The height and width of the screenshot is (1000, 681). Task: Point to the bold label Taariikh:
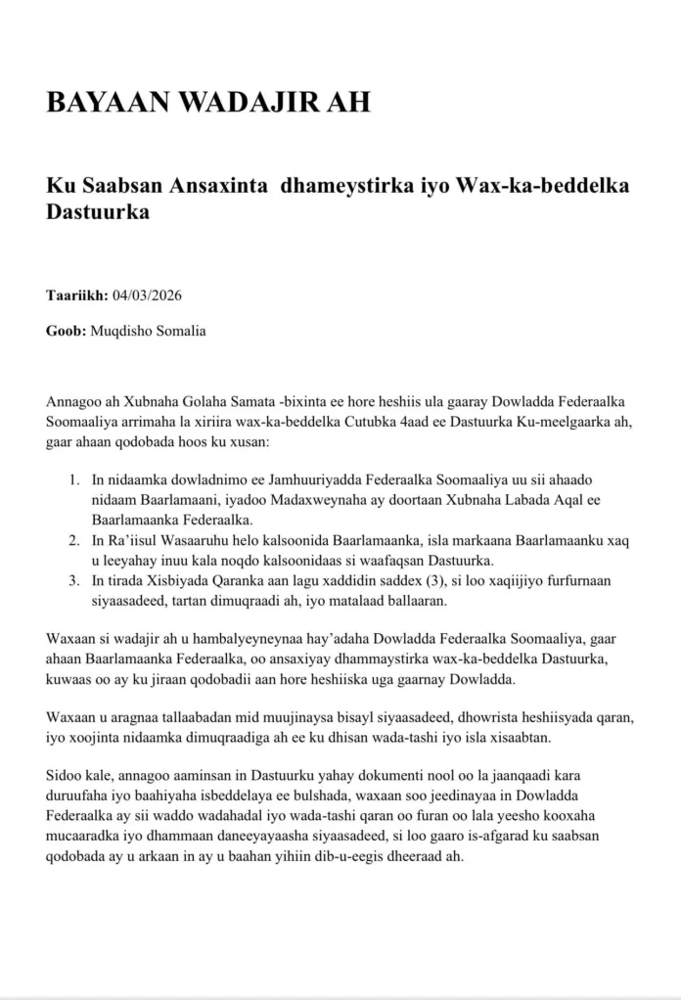(x=77, y=295)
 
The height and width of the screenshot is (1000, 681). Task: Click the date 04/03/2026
(x=149, y=295)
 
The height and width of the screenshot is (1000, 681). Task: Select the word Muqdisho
(x=123, y=331)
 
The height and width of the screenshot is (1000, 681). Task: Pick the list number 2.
(x=74, y=540)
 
